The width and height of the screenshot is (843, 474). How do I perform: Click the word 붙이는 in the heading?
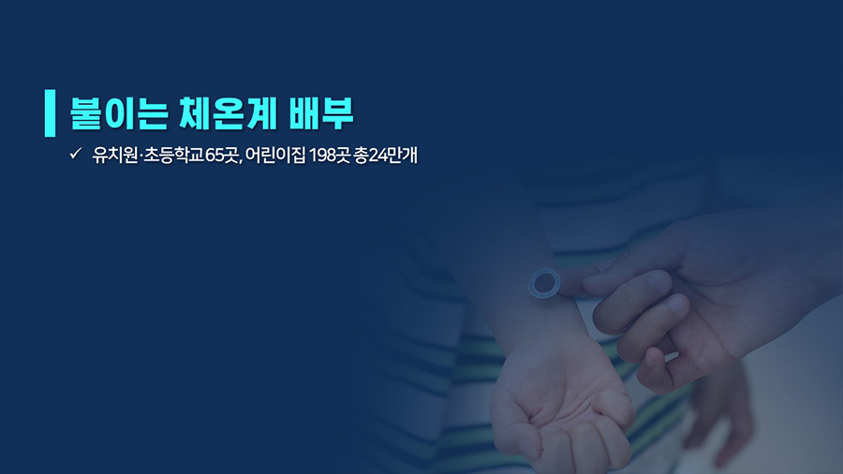pos(119,114)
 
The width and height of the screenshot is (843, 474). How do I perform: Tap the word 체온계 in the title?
pos(228,114)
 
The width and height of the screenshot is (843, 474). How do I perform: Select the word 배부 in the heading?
pos(321,114)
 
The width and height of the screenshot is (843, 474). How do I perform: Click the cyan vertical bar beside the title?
pos(50,112)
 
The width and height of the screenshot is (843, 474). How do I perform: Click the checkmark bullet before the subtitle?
pos(75,154)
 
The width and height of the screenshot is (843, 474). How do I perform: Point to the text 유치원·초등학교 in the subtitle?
pos(148,156)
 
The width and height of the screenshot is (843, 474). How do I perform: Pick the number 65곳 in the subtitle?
pos(222,156)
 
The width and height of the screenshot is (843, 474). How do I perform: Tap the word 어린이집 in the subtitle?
pos(275,156)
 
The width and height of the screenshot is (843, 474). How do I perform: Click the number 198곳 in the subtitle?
pos(330,156)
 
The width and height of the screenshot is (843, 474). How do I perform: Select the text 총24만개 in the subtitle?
pos(386,156)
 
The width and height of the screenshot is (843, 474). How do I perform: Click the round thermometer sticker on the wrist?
pos(544,283)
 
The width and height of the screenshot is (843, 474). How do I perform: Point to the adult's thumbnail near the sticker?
pos(658,279)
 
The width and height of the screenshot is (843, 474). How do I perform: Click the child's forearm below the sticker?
pos(543,322)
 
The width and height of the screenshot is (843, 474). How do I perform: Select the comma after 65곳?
pos(242,161)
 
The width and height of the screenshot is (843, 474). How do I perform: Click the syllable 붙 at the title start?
pos(86,114)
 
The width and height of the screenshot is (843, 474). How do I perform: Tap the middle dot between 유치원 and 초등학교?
pos(140,156)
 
